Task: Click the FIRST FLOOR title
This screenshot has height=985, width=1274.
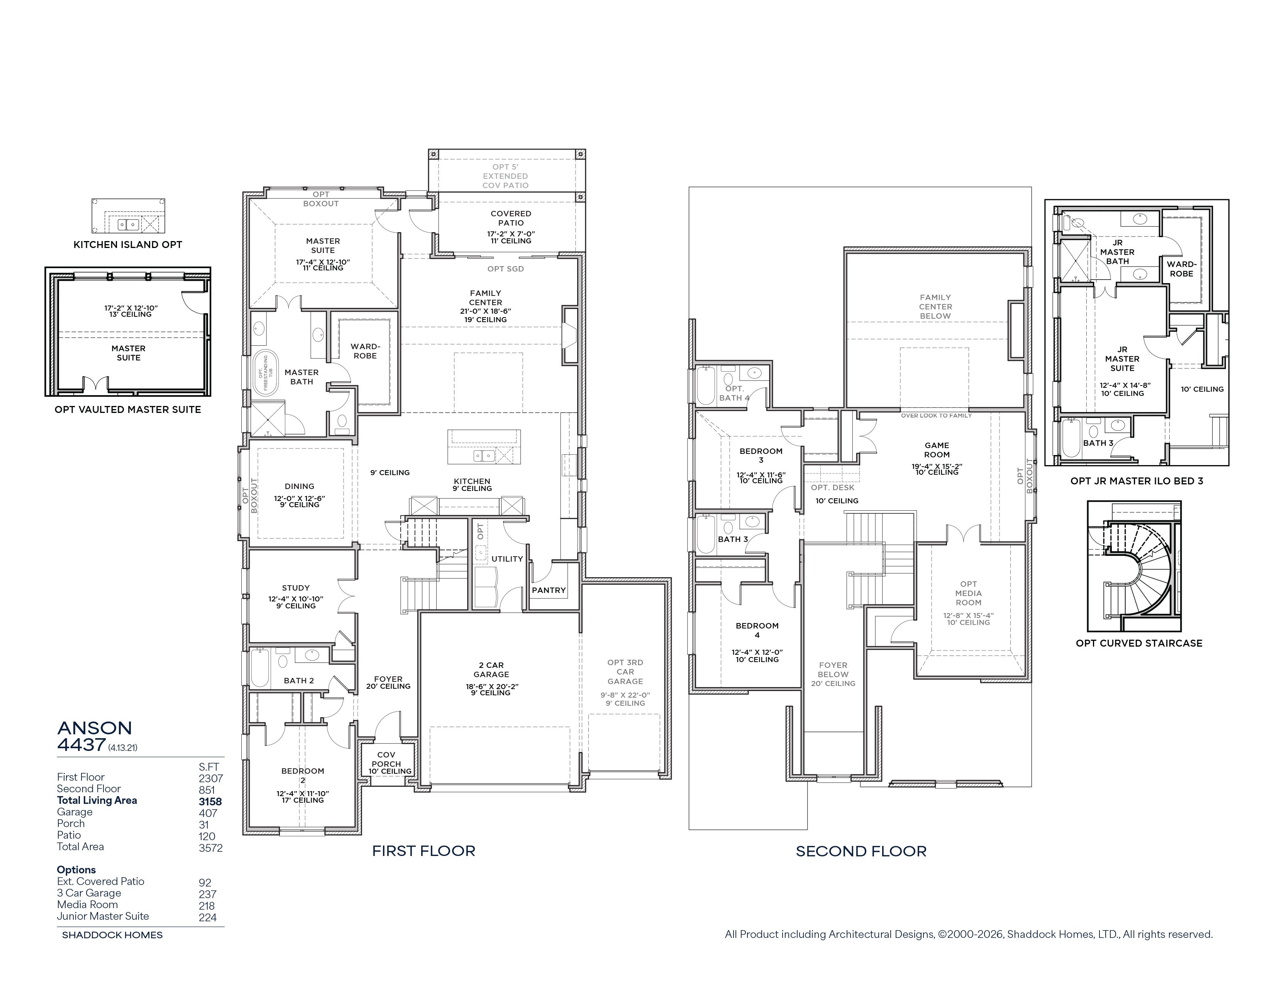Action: [x=424, y=851]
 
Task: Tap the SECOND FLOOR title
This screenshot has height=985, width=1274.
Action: [x=861, y=851]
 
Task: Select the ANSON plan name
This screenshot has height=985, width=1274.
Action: [x=95, y=728]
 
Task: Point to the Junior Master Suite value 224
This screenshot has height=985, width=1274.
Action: [x=208, y=917]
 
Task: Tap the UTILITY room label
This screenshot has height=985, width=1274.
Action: [x=507, y=559]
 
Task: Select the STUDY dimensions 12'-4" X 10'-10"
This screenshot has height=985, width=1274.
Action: [x=296, y=599]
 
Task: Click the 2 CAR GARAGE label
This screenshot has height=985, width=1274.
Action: [x=491, y=669]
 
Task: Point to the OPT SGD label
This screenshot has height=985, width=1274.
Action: [x=506, y=269]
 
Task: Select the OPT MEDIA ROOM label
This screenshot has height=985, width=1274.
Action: [x=968, y=593]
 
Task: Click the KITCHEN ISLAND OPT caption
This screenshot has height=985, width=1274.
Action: [x=128, y=245]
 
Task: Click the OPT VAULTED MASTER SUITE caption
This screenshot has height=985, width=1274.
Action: [x=128, y=409]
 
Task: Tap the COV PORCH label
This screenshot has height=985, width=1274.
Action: [x=386, y=759]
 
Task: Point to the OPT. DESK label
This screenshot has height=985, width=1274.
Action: [x=832, y=487]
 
